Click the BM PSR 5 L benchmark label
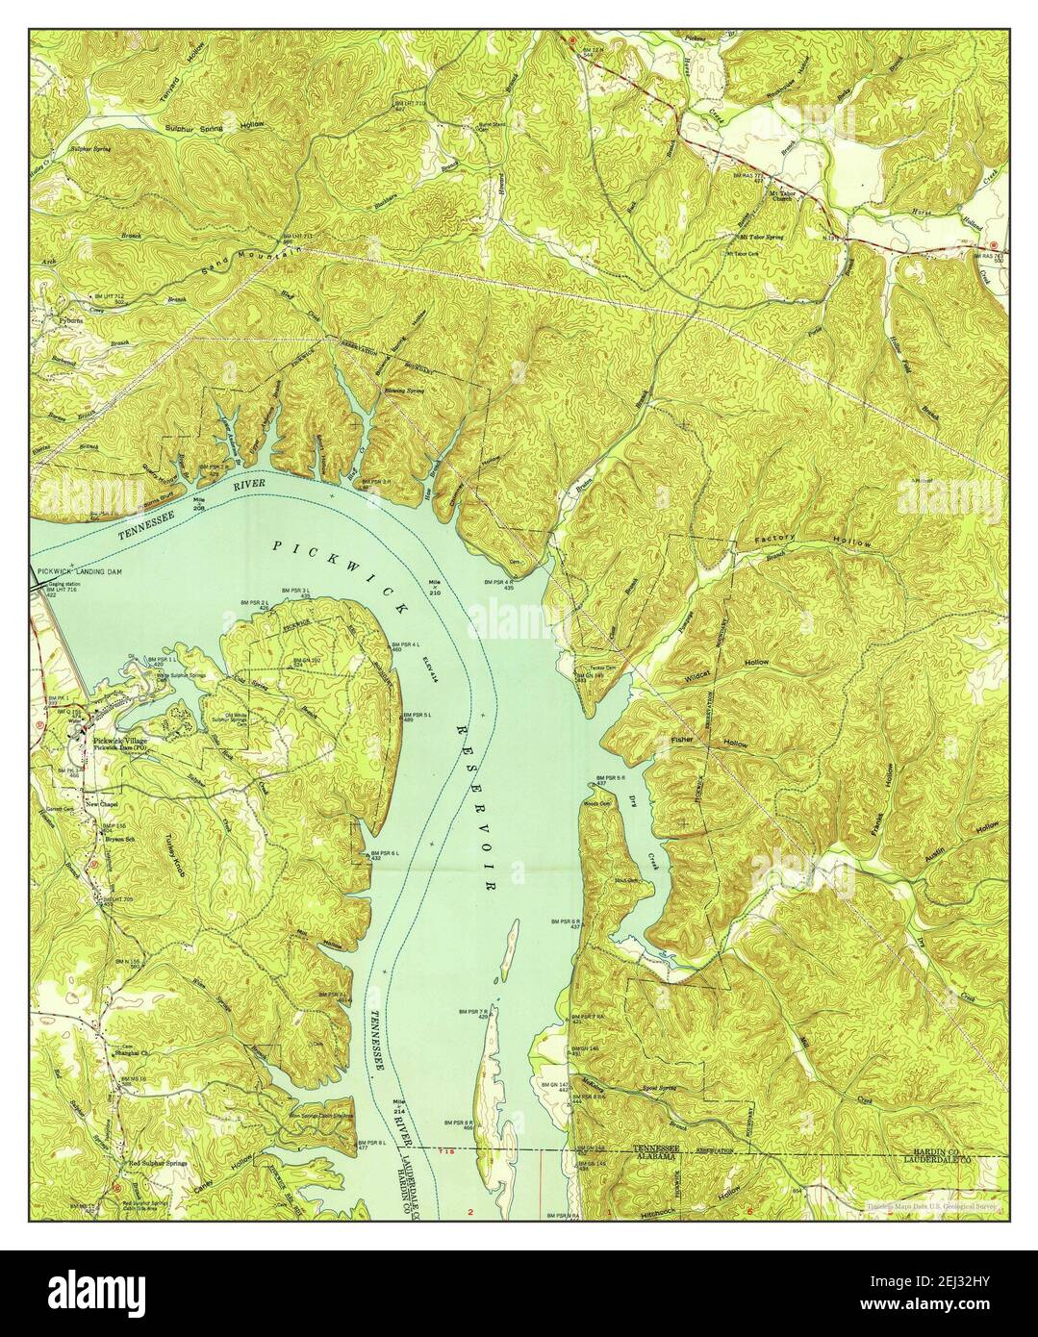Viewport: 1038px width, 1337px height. [x=423, y=716]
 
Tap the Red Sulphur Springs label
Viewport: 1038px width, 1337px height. [x=144, y=1163]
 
